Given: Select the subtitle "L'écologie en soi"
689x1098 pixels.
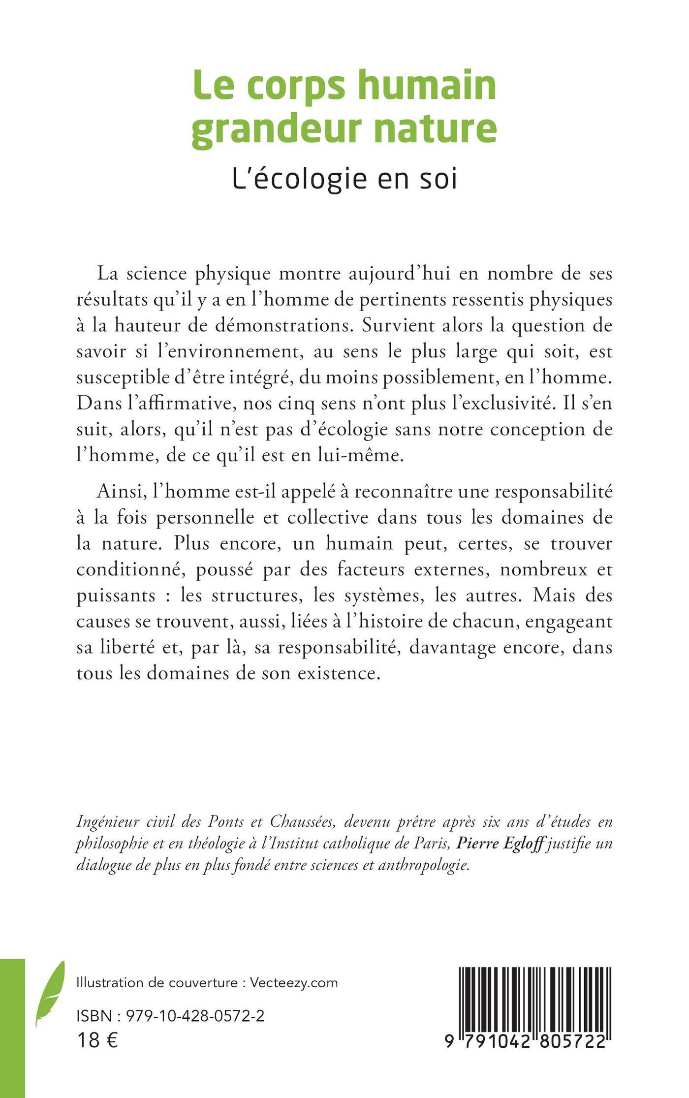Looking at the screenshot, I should pos(344,179).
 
